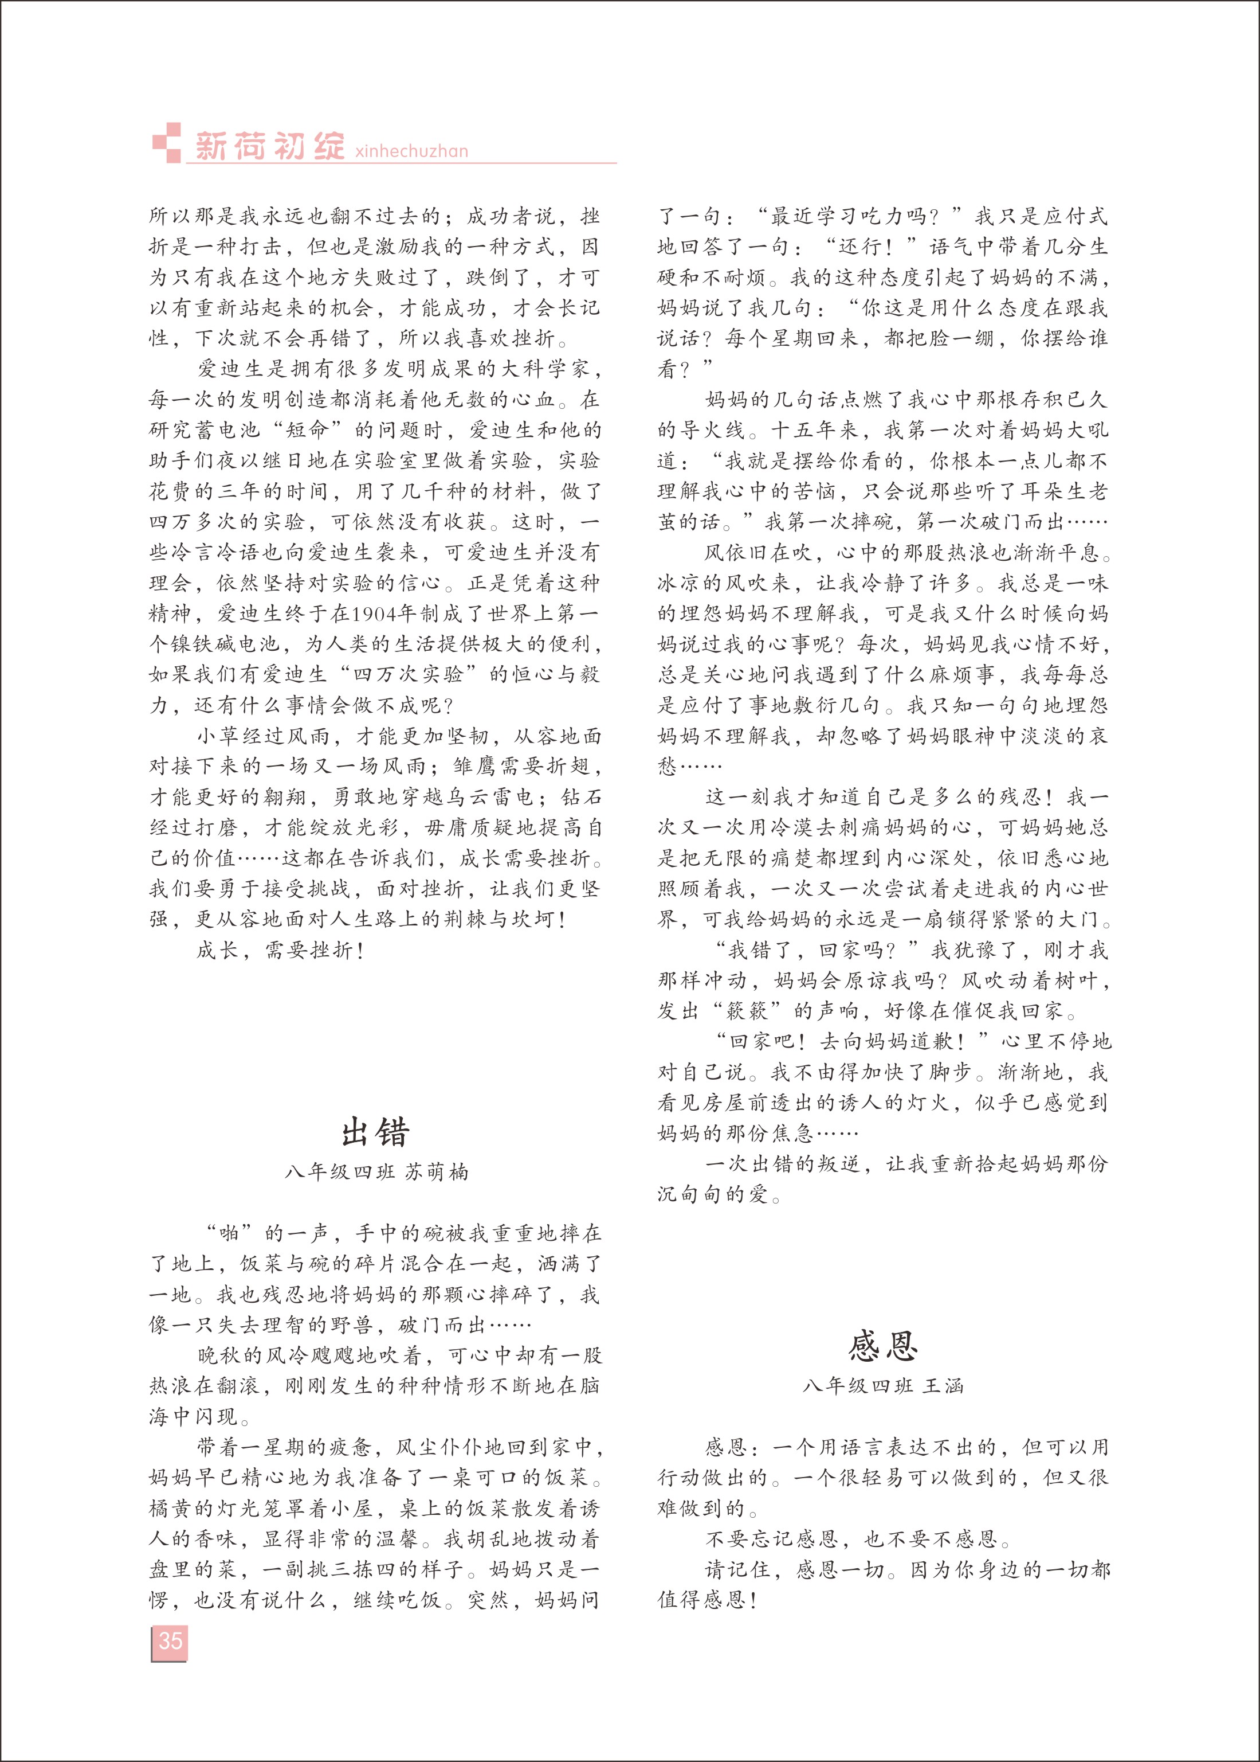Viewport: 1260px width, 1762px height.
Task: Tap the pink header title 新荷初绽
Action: pyautogui.click(x=269, y=146)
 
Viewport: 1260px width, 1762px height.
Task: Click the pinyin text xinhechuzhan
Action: pyautogui.click(x=411, y=151)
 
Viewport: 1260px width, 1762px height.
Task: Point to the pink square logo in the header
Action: pyautogui.click(x=166, y=143)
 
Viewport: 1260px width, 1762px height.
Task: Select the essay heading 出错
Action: pyautogui.click(x=375, y=1132)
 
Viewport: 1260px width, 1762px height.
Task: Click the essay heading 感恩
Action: pyautogui.click(x=884, y=1345)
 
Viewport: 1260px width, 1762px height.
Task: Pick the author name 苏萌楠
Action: pyautogui.click(x=437, y=1172)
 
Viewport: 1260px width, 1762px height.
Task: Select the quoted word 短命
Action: pyautogui.click(x=307, y=430)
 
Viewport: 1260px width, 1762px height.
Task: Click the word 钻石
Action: pyautogui.click(x=580, y=797)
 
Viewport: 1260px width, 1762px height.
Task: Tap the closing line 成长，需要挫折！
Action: pyautogui.click(x=281, y=950)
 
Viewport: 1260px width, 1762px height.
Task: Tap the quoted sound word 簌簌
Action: pyautogui.click(x=747, y=1011)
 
